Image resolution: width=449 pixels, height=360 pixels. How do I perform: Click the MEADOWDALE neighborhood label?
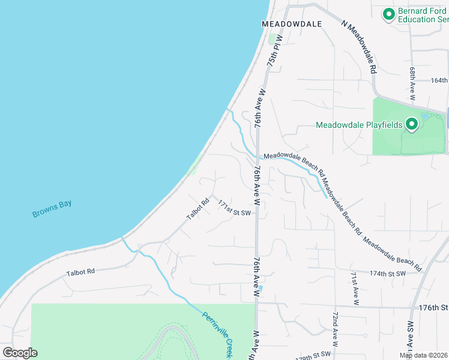pos(292,23)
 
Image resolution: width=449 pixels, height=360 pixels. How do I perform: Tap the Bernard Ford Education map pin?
pos(388,13)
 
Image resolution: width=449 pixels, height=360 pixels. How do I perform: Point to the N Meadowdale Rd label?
pos(359,47)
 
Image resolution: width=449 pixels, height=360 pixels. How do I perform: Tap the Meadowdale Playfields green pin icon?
pos(412,124)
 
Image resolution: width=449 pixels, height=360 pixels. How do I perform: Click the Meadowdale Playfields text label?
pos(360,125)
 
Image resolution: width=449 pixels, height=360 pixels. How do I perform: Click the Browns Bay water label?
pos(52,208)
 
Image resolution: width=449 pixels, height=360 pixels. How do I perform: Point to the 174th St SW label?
pos(388,273)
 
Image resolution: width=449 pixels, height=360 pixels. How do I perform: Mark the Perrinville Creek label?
pos(217,335)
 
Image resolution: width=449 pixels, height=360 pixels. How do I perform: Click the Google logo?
pos(20,352)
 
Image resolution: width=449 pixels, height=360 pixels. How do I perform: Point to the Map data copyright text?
pos(424,355)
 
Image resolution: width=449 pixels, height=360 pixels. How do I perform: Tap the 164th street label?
pos(439,80)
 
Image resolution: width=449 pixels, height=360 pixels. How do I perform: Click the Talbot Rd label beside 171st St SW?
pos(197,208)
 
